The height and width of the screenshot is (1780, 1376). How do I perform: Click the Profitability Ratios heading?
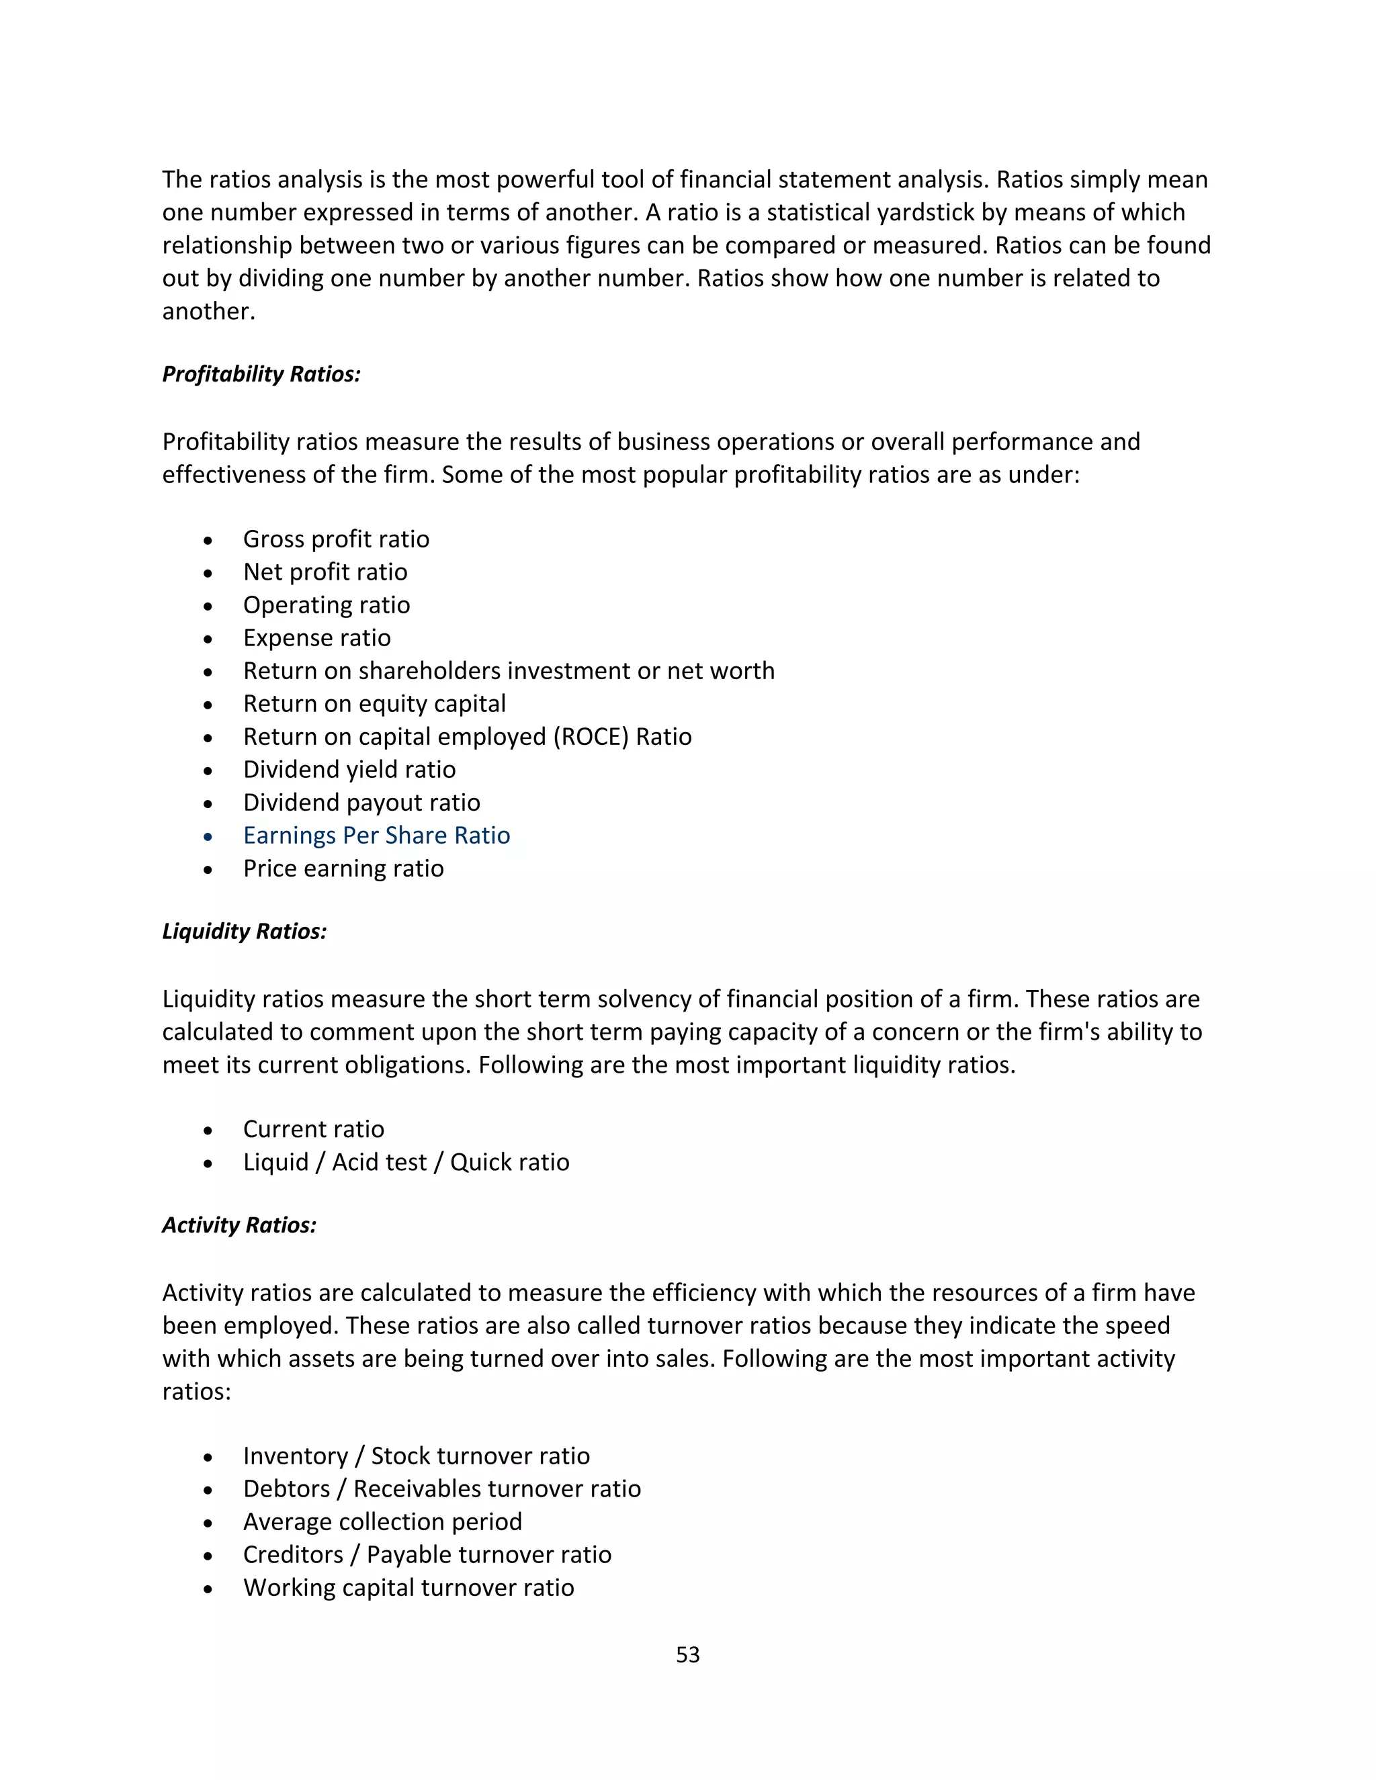(261, 374)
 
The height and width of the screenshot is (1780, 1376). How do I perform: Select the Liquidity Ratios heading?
(244, 932)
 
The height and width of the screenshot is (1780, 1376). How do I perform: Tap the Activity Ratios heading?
(239, 1225)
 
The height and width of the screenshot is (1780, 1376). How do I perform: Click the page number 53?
(687, 1654)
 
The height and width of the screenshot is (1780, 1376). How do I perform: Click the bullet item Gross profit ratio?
(336, 539)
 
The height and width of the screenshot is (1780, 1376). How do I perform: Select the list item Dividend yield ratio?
(349, 769)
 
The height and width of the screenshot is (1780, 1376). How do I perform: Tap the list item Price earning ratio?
(343, 868)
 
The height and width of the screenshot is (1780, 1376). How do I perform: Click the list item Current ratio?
(313, 1129)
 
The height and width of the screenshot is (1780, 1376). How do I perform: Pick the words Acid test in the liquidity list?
(379, 1162)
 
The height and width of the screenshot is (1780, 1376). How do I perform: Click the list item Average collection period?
(382, 1521)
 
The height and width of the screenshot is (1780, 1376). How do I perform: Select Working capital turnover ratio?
(408, 1588)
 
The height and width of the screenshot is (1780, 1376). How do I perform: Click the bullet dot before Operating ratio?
(209, 607)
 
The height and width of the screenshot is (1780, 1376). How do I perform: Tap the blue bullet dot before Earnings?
(209, 837)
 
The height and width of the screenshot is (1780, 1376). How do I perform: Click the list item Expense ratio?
(316, 637)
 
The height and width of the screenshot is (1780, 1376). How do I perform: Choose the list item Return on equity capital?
(374, 703)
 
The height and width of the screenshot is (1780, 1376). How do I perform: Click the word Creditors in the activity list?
(293, 1555)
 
